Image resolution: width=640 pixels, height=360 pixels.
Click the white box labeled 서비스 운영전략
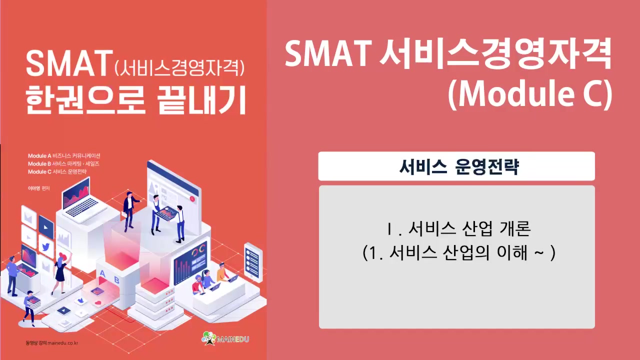tap(456, 166)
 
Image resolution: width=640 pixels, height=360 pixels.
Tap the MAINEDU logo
tap(225, 339)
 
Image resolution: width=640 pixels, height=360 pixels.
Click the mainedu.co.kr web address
tap(63, 342)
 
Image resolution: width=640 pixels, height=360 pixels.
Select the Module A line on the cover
tap(64, 155)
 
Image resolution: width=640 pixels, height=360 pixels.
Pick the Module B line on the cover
tap(63, 163)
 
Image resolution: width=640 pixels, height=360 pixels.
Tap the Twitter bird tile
tap(45, 247)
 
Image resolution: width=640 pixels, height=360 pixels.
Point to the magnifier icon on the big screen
tap(191, 198)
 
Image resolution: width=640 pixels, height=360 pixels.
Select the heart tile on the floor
tap(98, 303)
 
